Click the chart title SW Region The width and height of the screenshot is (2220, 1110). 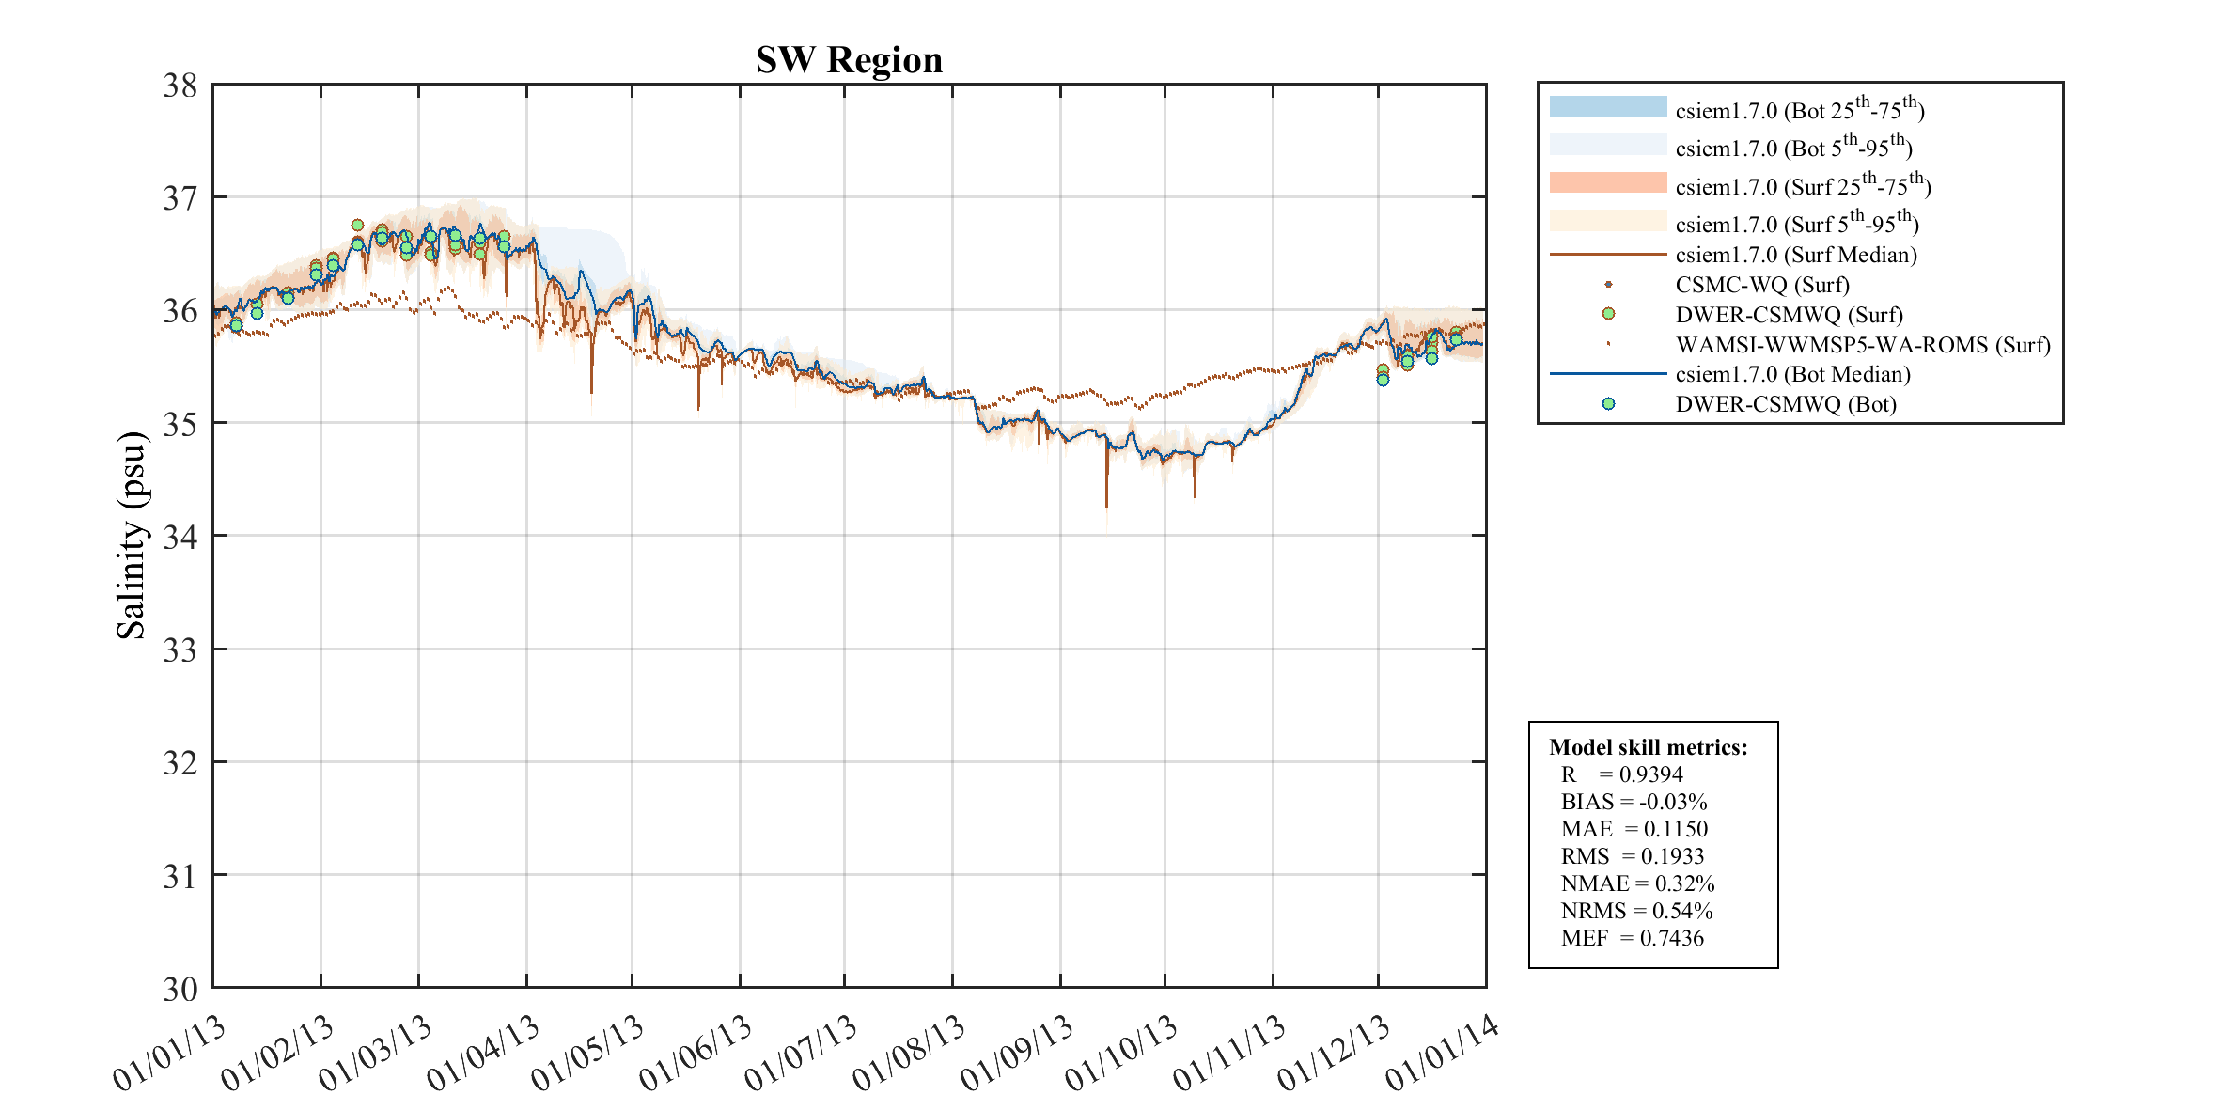click(x=849, y=60)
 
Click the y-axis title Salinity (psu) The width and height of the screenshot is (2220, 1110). click(x=132, y=535)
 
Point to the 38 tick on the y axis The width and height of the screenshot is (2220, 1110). click(x=180, y=86)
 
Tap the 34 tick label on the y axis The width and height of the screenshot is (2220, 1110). click(x=180, y=538)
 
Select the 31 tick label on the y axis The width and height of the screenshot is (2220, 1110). click(x=180, y=877)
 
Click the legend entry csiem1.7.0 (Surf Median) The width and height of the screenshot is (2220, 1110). click(x=1795, y=255)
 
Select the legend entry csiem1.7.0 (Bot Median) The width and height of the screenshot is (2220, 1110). click(x=1792, y=374)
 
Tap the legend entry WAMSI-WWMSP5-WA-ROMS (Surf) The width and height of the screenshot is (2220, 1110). click(x=1862, y=345)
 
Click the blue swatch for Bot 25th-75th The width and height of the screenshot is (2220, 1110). click(x=1607, y=106)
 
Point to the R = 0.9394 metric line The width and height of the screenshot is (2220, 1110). click(x=1621, y=774)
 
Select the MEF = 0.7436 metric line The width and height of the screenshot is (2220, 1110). click(x=1632, y=938)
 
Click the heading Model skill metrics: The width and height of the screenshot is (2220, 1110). click(x=1648, y=747)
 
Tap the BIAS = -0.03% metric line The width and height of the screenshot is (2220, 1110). click(x=1634, y=802)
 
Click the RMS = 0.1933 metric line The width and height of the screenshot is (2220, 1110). click(x=1632, y=856)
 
